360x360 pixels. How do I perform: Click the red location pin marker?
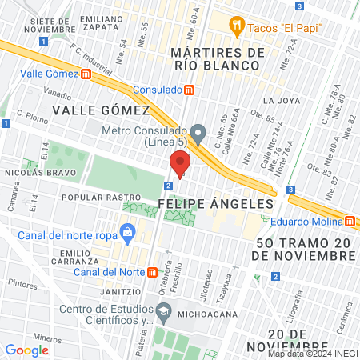click(178, 165)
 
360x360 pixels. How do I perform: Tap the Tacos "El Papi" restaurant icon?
click(236, 26)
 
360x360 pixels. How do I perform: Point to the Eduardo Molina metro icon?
click(350, 222)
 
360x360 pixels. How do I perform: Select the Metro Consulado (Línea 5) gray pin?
click(199, 131)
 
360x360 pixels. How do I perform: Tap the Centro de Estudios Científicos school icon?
click(163, 310)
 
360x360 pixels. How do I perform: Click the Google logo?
click(27, 350)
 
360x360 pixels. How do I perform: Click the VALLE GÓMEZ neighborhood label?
click(101, 109)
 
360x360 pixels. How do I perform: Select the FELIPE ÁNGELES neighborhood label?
click(216, 204)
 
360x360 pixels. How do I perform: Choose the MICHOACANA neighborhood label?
click(206, 314)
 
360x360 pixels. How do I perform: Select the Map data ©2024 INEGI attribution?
click(312, 354)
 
